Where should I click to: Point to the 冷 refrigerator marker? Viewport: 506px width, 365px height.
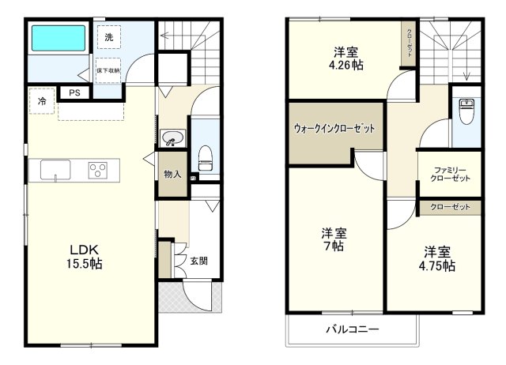[x=42, y=102]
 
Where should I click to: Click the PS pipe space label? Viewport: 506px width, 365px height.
[x=74, y=92]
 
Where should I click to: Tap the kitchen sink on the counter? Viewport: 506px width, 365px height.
[x=54, y=170]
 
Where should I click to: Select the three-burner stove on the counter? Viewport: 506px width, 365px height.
[x=98, y=170]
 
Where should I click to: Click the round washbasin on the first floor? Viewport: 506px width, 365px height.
[x=171, y=139]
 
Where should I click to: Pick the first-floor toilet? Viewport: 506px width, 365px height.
[x=205, y=153]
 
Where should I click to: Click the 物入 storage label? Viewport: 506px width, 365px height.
[x=172, y=174]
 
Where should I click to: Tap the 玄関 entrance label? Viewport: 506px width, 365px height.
[x=198, y=261]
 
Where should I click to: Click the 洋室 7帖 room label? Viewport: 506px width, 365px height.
[x=334, y=239]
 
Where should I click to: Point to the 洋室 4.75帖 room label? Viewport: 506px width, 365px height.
[x=438, y=259]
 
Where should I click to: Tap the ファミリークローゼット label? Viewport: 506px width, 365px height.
[x=451, y=174]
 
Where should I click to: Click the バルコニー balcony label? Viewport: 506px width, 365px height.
[x=353, y=329]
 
